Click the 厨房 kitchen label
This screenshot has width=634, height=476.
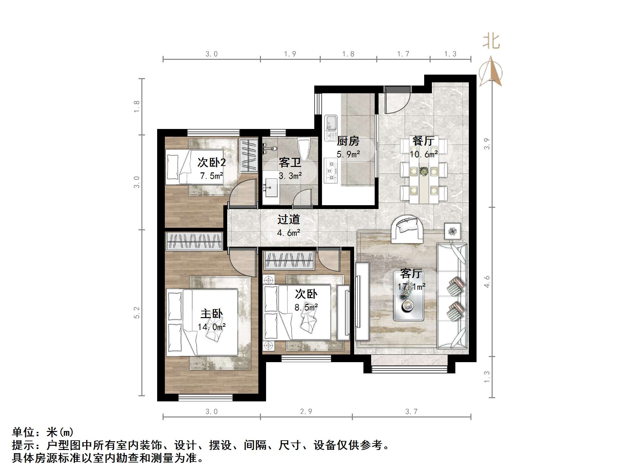348,141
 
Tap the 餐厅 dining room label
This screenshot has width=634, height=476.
423,141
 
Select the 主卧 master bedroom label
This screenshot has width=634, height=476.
211,314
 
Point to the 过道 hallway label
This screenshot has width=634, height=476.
289,219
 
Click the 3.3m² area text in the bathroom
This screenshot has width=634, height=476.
290,176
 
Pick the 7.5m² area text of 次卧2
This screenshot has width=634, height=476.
211,176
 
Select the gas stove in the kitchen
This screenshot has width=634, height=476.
331,170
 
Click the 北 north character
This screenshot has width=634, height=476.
491,42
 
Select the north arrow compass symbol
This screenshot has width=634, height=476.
491,71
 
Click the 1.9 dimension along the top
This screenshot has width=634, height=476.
290,54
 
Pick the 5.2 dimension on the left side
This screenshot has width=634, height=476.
137,313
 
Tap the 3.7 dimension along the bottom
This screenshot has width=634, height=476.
411,412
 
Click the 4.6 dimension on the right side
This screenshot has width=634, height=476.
487,282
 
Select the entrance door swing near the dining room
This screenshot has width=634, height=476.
397,100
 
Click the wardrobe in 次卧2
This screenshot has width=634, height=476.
248,155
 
